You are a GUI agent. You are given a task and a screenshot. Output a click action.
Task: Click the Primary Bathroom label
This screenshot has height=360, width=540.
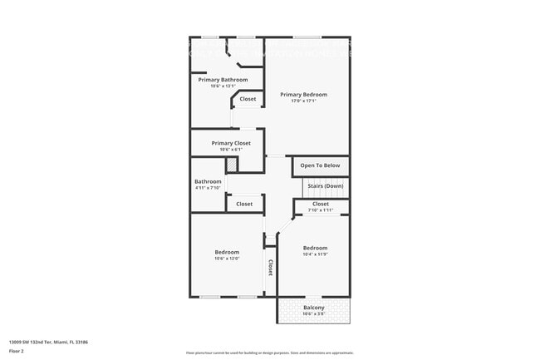223,80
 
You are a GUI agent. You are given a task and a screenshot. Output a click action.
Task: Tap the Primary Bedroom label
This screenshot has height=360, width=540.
303,95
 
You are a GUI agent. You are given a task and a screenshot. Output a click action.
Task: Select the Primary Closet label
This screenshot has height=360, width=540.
231,143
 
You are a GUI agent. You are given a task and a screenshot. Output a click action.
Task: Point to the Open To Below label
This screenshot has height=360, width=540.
320,165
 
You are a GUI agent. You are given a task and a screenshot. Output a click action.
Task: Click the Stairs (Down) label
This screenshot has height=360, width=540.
322,185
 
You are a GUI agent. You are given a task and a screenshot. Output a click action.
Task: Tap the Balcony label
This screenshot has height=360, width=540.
313,308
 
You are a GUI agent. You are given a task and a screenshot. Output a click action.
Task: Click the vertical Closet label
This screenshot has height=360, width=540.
271,268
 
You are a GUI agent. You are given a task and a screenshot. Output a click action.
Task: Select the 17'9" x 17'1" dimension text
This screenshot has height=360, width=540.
303,101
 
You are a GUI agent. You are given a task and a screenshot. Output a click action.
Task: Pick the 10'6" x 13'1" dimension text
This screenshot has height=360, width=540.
223,86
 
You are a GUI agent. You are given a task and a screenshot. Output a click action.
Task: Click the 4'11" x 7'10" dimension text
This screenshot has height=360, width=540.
208,188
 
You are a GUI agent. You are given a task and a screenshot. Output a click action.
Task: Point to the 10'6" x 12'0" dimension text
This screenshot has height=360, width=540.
227,259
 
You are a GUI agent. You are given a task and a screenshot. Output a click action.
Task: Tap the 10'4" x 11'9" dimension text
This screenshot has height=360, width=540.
315,254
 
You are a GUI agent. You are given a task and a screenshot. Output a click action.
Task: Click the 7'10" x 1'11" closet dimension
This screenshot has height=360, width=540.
320,210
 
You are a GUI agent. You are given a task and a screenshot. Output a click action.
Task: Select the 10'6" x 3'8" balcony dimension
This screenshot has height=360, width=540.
313,314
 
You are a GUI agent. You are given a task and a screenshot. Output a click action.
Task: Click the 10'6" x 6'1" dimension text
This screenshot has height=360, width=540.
231,150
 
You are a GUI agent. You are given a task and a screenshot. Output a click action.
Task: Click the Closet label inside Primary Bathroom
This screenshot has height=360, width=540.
248,99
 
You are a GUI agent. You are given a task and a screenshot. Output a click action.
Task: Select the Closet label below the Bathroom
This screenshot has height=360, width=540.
244,204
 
